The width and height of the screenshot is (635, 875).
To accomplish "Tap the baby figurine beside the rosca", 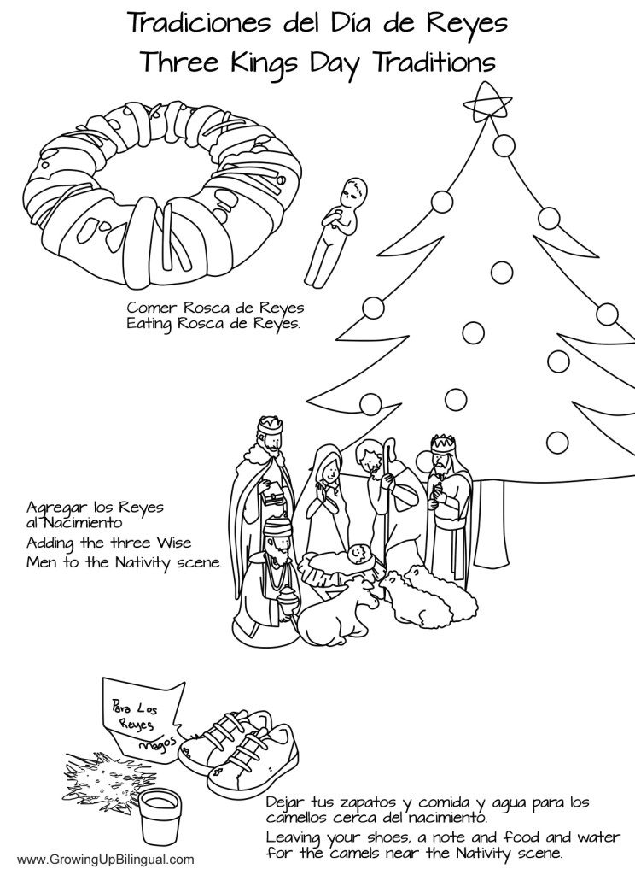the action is coord(337,231).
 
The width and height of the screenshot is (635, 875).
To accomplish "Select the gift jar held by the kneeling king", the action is coord(288,602).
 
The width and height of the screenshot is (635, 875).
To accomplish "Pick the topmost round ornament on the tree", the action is coord(503,146).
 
